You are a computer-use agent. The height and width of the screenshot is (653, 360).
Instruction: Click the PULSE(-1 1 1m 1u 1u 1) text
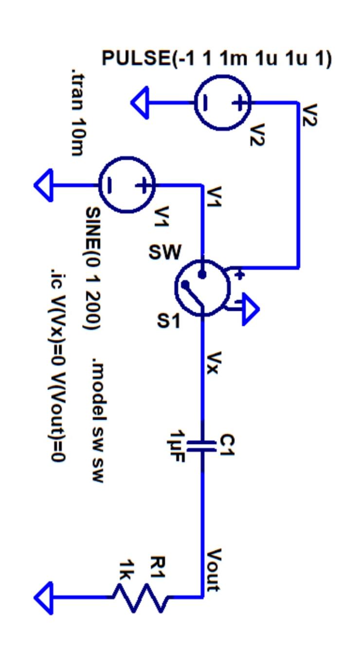(x=216, y=59)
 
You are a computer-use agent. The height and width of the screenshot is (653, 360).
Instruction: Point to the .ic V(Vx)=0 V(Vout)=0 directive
(x=59, y=365)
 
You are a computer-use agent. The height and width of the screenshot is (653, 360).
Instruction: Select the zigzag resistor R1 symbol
(x=142, y=597)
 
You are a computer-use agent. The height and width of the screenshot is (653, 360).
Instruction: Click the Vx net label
(x=214, y=363)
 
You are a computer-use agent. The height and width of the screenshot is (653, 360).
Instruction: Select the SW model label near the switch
(x=165, y=252)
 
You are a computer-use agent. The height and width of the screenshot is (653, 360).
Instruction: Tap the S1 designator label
(x=168, y=321)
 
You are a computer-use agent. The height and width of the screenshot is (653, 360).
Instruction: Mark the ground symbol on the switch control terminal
(x=250, y=309)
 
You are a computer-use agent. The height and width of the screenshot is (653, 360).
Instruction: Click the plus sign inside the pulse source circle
(x=239, y=103)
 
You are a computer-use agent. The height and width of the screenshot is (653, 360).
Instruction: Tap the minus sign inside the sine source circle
(x=110, y=185)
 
